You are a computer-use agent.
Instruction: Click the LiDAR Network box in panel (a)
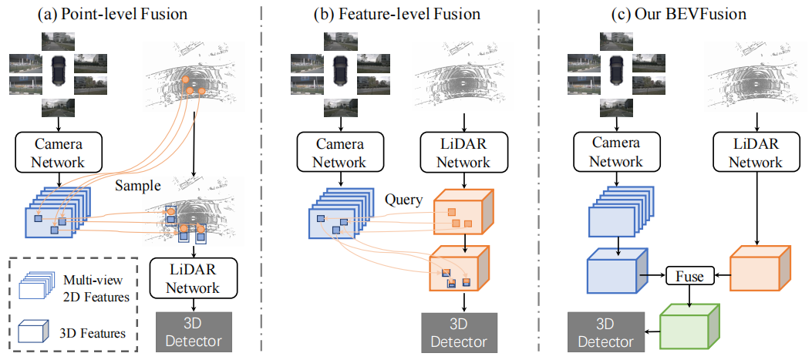tap(194, 278)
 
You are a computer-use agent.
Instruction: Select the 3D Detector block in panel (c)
tap(601, 332)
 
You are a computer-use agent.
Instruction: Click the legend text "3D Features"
tap(92, 333)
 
